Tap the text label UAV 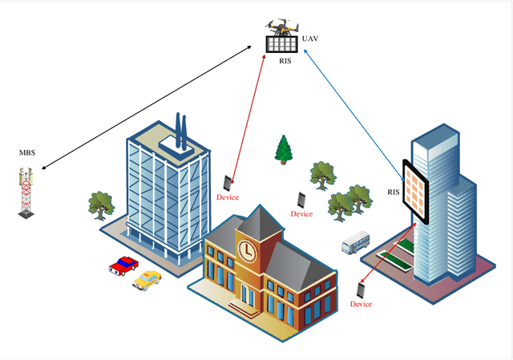pos(310,38)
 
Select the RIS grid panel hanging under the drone pos(281,45)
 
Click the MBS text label pos(28,152)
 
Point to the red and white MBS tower pos(28,192)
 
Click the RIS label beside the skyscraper pos(394,192)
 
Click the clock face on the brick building pos(248,251)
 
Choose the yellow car pos(147,280)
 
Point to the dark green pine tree pos(283,149)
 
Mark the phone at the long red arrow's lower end pos(228,182)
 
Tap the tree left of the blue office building pos(100,204)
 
